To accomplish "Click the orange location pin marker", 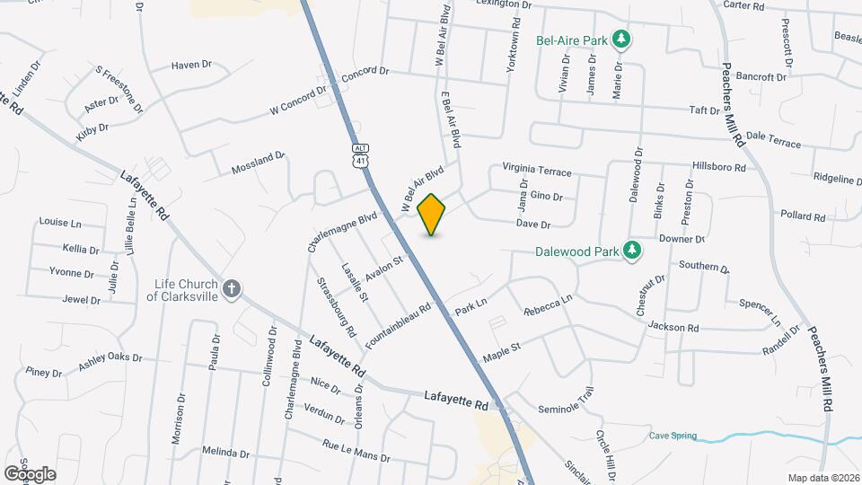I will pyautogui.click(x=432, y=214).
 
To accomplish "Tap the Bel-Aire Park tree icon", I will pyautogui.click(x=620, y=40).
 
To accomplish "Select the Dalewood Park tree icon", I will pyautogui.click(x=633, y=249).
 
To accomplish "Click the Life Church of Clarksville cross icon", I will pyautogui.click(x=232, y=288).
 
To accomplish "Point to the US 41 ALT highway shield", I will pyautogui.click(x=360, y=154).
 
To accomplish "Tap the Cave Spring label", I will pyautogui.click(x=673, y=436).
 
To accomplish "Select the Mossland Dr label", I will pyautogui.click(x=258, y=163).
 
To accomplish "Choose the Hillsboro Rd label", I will pyautogui.click(x=719, y=167).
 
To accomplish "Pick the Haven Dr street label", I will pyautogui.click(x=190, y=65).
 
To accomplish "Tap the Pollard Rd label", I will pyautogui.click(x=803, y=216).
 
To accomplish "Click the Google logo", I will pyautogui.click(x=30, y=472).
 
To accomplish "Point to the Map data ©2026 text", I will pyautogui.click(x=822, y=478).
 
